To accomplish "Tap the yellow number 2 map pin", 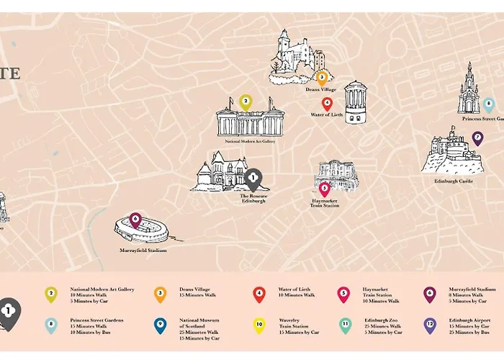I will (245, 102).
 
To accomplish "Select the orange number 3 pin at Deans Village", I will (322, 77).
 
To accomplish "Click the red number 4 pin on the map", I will (326, 103).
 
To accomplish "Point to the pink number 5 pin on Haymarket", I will (325, 189).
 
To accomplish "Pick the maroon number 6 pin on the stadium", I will (135, 219).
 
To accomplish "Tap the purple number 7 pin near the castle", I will (477, 138).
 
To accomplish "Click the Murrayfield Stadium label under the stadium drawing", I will (143, 251).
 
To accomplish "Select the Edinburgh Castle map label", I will (454, 181).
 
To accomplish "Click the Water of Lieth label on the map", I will (326, 114).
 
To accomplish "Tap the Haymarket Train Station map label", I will (324, 202).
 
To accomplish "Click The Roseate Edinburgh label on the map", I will (253, 198).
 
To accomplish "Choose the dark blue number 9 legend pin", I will (160, 325).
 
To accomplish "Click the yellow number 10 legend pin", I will (259, 325).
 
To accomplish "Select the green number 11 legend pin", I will (345, 325).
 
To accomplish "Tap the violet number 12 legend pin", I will (430, 325).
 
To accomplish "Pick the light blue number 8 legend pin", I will (50, 325).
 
